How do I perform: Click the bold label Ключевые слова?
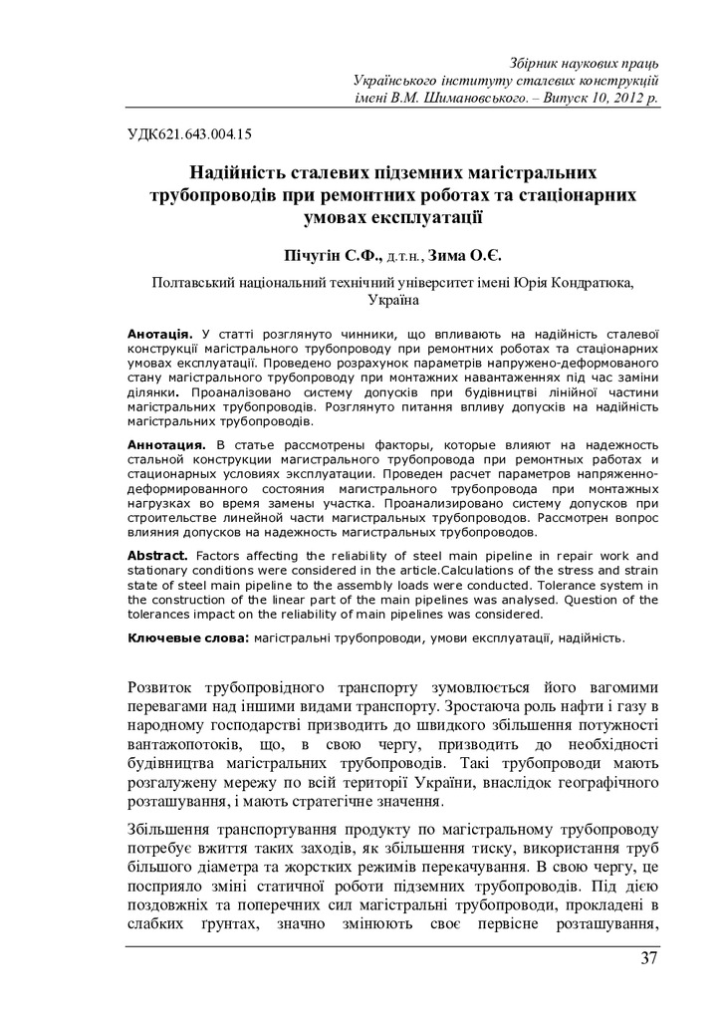pos(189,636)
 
